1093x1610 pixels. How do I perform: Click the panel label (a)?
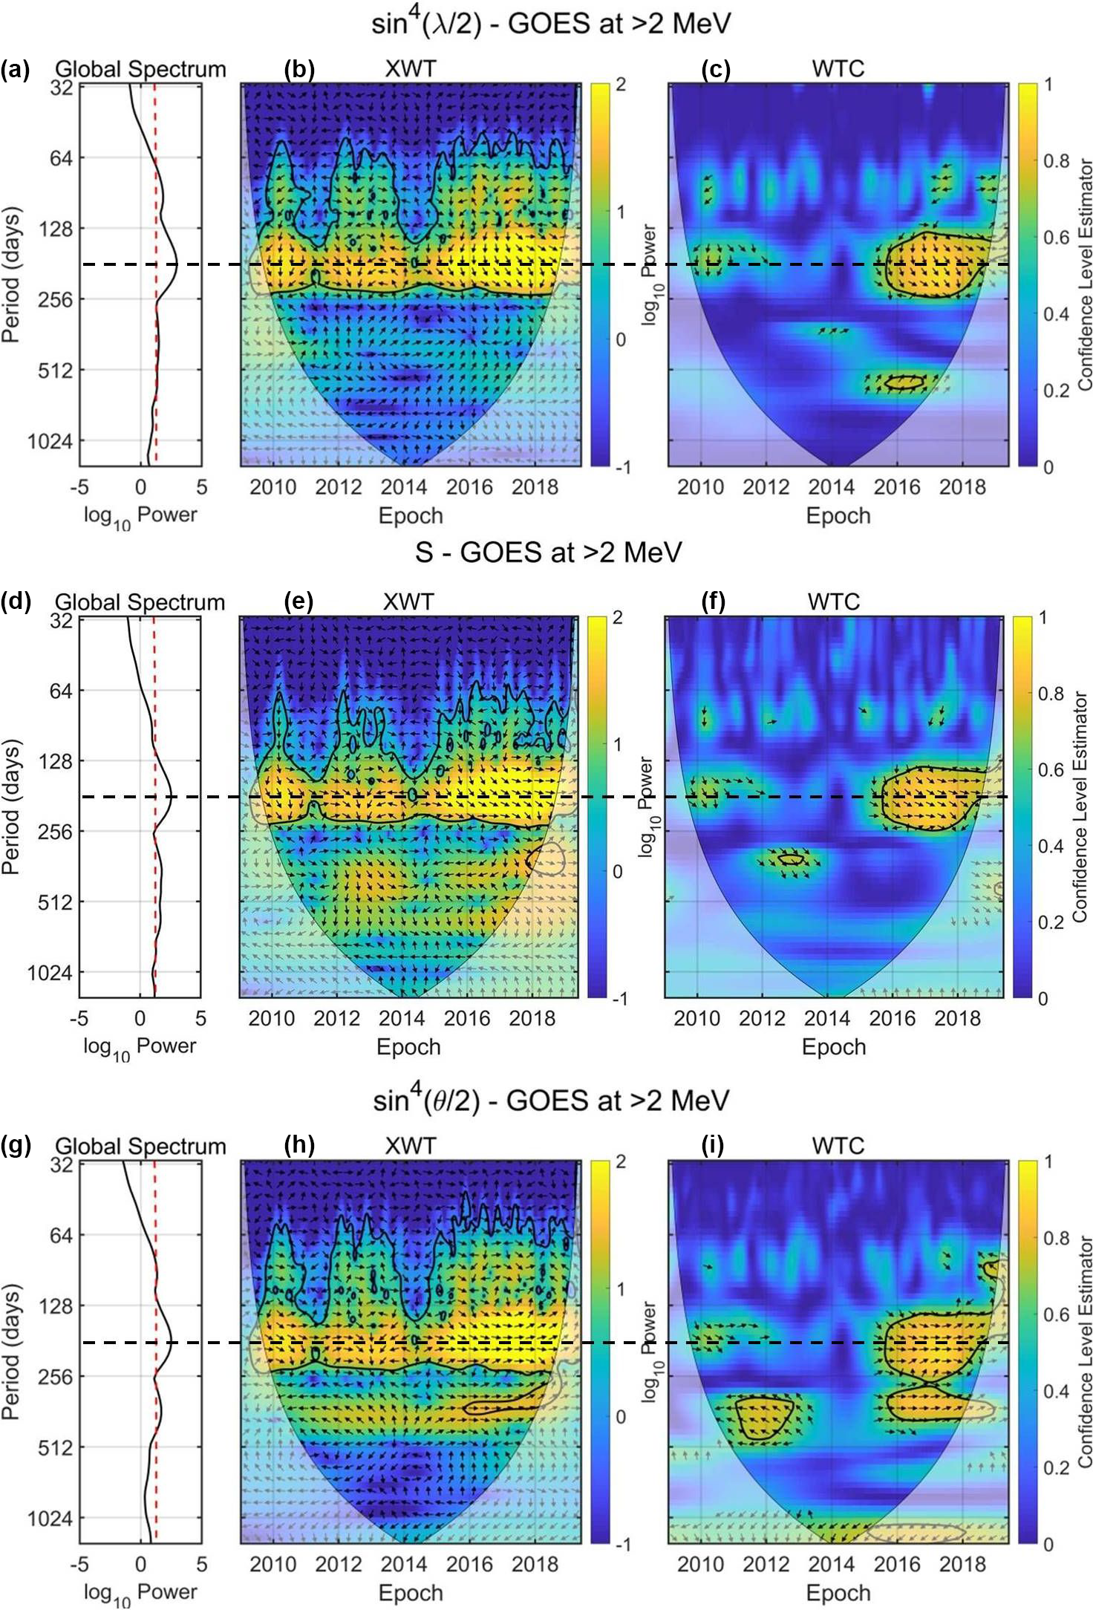pos(15,70)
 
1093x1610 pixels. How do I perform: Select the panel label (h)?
pos(299,1145)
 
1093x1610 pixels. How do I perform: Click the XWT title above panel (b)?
pos(410,69)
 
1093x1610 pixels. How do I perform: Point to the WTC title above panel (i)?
pos(838,1145)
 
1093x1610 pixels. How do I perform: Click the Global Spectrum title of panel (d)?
pos(140,602)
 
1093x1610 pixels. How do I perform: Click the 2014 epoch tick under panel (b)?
pos(404,487)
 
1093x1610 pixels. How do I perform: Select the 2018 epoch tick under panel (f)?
pos(957,1018)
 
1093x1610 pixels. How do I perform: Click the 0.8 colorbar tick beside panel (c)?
pos(1056,161)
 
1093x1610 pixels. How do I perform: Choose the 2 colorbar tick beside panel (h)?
pos(620,1161)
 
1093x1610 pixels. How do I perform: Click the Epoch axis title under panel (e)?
pos(408,1046)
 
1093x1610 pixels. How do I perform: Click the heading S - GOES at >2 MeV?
pos(547,553)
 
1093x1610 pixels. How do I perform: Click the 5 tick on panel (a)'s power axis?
pos(201,487)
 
